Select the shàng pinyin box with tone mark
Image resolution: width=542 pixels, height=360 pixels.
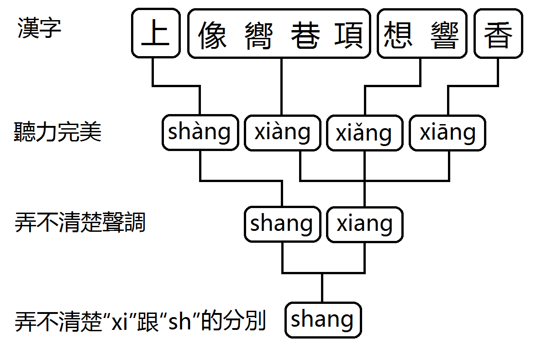[200, 133]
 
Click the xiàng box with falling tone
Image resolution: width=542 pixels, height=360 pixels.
[282, 133]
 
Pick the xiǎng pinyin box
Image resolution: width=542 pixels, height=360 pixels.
[364, 133]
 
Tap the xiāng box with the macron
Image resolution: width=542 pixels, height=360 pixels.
[447, 133]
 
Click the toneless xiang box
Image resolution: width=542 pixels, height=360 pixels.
[364, 224]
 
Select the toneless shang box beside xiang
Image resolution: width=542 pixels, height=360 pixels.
[282, 224]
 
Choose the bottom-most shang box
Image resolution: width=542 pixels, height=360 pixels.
[322, 320]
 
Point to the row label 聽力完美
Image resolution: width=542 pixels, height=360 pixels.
[58, 132]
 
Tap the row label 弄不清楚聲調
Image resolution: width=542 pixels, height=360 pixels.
[80, 224]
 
